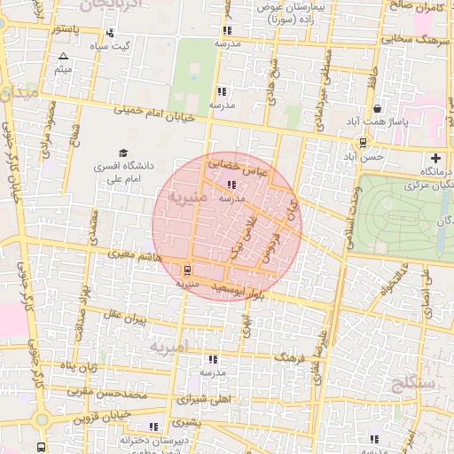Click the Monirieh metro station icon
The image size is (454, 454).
coord(187,270)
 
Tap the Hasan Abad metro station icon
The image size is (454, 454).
coord(364,142)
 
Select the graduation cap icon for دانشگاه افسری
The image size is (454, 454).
coord(123,153)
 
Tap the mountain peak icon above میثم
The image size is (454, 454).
coord(62,56)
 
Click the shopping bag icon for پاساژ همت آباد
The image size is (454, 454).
coord(379,109)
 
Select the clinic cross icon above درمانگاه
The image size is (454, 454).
coord(434,157)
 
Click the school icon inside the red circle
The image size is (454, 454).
coord(231,185)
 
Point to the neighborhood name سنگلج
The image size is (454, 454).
coord(411,383)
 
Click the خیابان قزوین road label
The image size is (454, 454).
coord(103,415)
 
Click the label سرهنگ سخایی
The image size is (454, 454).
coord(411,38)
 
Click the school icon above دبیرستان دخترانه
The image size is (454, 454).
coord(156,427)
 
